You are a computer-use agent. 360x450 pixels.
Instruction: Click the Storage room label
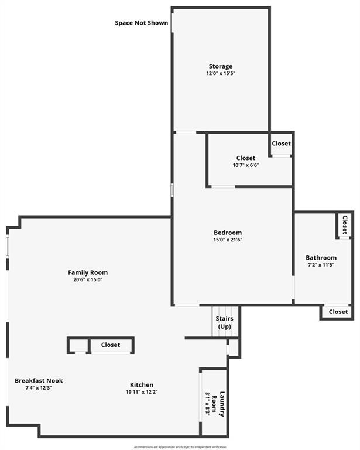[221, 66]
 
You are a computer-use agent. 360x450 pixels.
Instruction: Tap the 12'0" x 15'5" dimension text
[221, 74]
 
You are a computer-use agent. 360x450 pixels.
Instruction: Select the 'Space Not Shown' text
[142, 23]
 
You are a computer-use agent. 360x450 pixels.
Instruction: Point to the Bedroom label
[228, 233]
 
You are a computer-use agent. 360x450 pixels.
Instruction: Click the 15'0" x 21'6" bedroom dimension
[228, 240]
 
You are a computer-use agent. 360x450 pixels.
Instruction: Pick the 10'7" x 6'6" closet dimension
[246, 165]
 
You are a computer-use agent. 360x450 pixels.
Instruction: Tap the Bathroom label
[321, 258]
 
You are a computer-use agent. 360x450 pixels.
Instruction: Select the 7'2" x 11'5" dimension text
[321, 265]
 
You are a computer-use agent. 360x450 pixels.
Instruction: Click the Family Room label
[88, 272]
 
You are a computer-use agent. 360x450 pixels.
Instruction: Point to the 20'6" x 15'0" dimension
[88, 279]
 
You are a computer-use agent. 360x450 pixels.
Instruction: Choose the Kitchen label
[142, 385]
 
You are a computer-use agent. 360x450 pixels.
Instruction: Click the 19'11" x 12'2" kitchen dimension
[142, 392]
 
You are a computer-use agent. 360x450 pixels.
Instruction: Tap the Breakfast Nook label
[39, 381]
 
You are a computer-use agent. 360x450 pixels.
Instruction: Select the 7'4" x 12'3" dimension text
[39, 388]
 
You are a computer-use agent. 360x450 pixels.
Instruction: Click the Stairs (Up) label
[225, 322]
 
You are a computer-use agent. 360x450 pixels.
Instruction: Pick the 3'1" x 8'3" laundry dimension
[207, 404]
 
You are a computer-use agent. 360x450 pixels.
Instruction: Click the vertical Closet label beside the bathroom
[345, 225]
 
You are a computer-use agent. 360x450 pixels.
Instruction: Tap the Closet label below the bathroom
[338, 312]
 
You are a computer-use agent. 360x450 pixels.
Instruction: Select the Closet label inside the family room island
[111, 345]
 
